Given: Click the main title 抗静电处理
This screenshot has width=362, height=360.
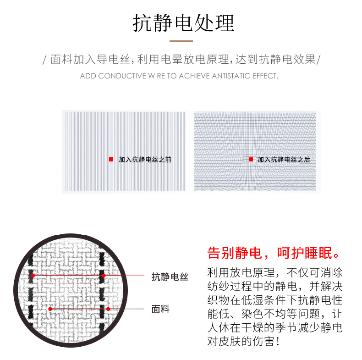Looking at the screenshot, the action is click(x=184, y=23).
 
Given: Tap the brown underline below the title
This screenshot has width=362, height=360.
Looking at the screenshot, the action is click(x=181, y=41).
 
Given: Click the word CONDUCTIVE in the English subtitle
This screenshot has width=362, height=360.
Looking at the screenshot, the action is click(x=122, y=76).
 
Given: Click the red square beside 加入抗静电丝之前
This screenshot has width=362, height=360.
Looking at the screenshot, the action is click(x=111, y=160).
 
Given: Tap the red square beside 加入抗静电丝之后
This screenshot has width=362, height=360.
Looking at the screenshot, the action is click(x=251, y=160).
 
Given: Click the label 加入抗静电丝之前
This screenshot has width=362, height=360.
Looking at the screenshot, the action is click(x=145, y=160).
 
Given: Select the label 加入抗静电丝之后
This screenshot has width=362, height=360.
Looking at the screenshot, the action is click(x=284, y=160).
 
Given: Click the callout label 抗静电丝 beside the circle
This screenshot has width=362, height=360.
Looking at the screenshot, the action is click(x=170, y=277).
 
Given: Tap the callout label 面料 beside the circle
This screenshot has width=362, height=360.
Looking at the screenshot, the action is click(x=160, y=309).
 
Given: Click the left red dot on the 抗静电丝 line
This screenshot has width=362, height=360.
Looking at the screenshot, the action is click(x=33, y=276).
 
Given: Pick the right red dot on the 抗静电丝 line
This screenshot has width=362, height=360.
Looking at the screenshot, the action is click(x=104, y=276).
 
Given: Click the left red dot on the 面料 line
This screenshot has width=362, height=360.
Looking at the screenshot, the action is click(x=50, y=309).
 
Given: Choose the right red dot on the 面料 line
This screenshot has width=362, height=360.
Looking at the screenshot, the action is click(x=108, y=309).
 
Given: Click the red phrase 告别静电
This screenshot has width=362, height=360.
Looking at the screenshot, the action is click(x=235, y=253).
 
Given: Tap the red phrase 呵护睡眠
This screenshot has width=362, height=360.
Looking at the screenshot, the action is click(x=305, y=253).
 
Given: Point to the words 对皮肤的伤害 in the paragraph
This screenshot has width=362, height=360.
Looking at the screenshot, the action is click(x=240, y=341).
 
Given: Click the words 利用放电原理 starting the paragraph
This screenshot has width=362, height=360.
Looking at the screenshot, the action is click(x=241, y=273).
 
